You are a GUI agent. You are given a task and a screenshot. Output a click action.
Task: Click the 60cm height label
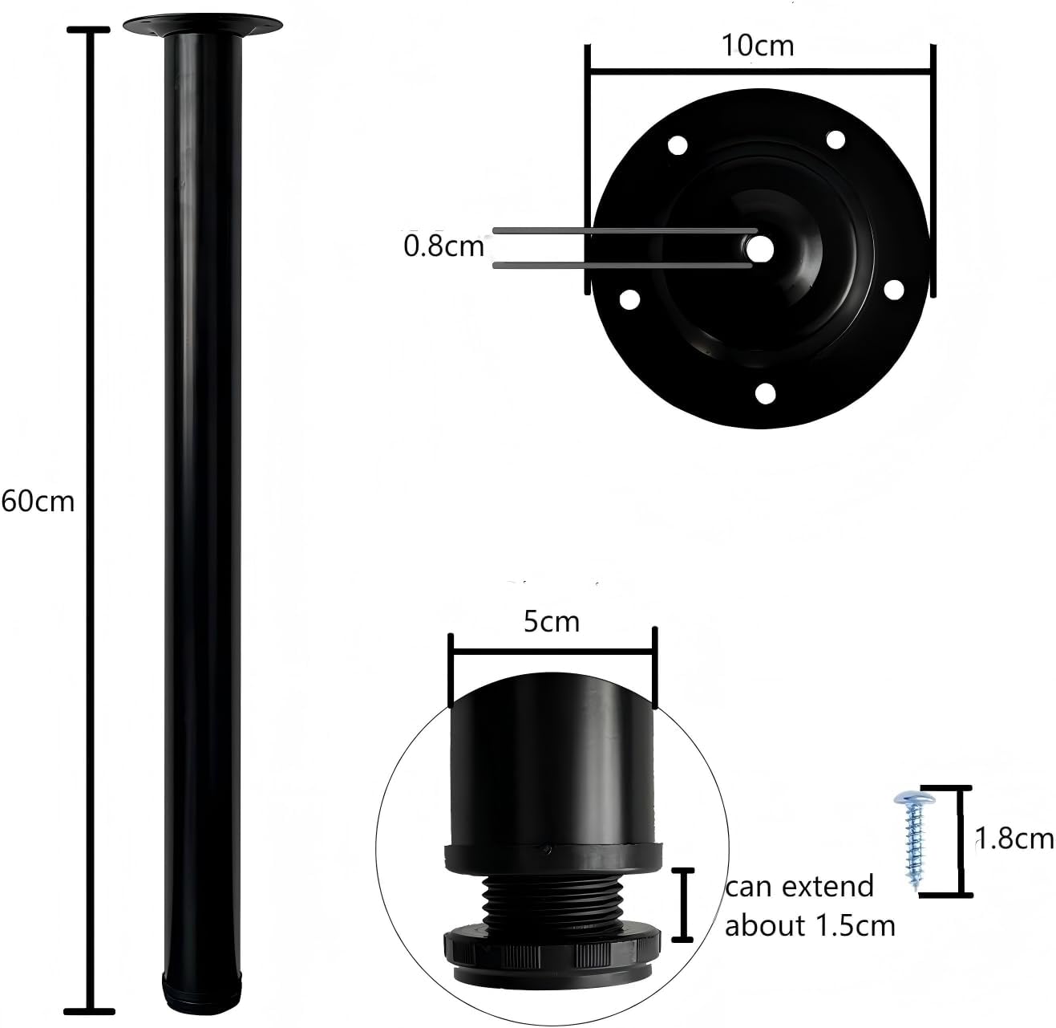click(38, 501)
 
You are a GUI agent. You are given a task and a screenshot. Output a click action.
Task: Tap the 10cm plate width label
click(758, 46)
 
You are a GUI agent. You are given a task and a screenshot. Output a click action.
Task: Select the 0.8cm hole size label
click(443, 246)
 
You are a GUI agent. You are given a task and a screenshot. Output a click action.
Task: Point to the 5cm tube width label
click(552, 622)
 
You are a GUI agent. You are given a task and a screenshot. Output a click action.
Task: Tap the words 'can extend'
click(799, 887)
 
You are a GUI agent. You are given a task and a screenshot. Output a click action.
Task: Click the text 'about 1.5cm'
click(810, 926)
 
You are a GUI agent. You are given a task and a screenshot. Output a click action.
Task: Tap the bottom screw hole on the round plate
click(765, 394)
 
